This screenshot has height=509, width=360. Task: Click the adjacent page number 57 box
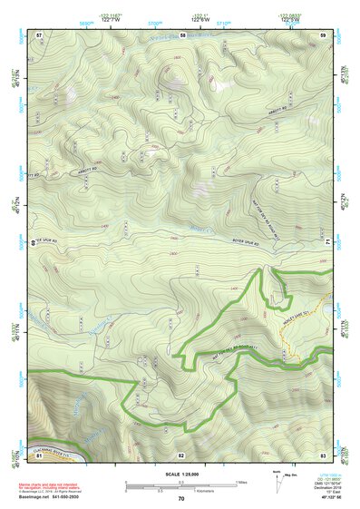click(x=39, y=34)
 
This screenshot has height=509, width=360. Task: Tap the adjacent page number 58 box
click(x=182, y=34)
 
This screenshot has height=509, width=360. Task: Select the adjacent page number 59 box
click(x=323, y=34)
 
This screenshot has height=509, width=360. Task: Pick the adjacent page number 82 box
click(x=181, y=454)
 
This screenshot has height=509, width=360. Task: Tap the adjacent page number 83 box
click(x=323, y=454)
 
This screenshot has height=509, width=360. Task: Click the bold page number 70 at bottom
click(x=181, y=498)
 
